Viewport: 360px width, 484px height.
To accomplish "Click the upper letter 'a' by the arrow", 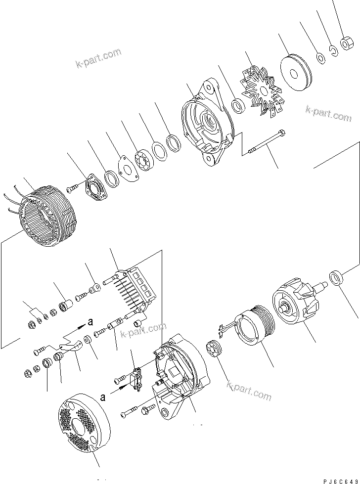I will coord(90,321).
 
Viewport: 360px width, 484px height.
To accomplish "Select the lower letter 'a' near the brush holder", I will coord(103,396).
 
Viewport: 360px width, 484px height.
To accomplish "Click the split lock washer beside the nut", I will coord(334,51).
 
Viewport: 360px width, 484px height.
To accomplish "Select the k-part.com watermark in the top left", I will coord(98,59).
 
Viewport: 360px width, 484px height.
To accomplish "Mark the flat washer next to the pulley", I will coord(321,58).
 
